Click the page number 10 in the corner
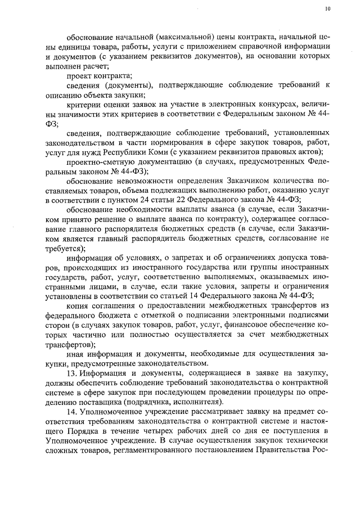(x=327, y=9)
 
